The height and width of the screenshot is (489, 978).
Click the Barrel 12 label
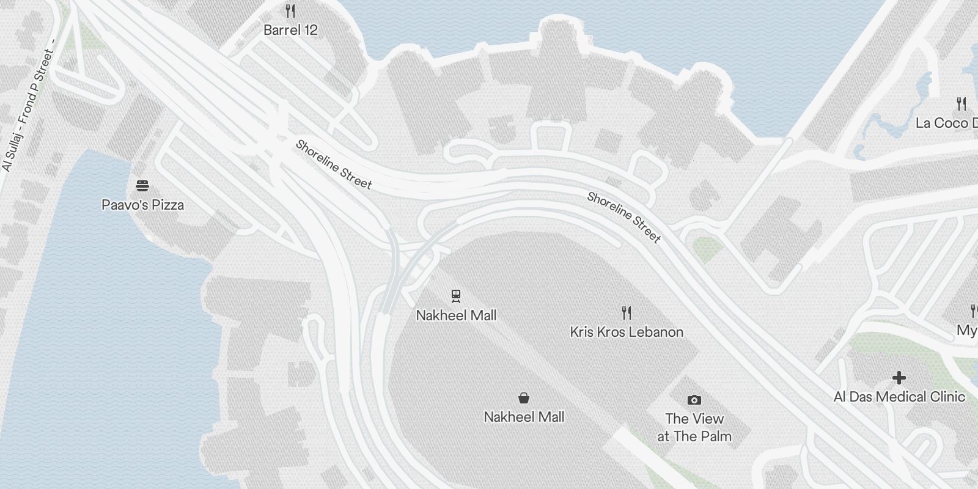[x=290, y=30]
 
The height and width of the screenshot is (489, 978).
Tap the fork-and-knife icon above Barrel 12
[x=290, y=11]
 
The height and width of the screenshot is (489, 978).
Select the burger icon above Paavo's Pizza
[x=142, y=186]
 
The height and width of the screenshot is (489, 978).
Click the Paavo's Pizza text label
[x=142, y=205]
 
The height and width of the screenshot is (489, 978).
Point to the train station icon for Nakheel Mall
[x=455, y=296]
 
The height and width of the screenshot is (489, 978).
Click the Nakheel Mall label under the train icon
[x=456, y=315]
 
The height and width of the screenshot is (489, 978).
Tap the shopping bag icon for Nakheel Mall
[x=524, y=398]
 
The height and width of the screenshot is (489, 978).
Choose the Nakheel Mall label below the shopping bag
[x=524, y=417]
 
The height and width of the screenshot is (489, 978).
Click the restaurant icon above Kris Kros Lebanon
[x=626, y=313]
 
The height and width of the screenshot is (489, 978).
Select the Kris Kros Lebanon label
[x=627, y=332]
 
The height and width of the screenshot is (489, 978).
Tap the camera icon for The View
[x=694, y=400]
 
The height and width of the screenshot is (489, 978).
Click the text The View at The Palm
[x=694, y=427]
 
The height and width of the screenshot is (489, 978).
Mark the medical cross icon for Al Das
[x=899, y=378]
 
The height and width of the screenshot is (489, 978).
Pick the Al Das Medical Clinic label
[x=899, y=397]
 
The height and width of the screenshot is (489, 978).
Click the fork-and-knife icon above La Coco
[x=961, y=104]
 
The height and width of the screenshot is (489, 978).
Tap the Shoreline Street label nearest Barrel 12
[x=333, y=164]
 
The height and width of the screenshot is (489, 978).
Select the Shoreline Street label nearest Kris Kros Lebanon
[x=624, y=217]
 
